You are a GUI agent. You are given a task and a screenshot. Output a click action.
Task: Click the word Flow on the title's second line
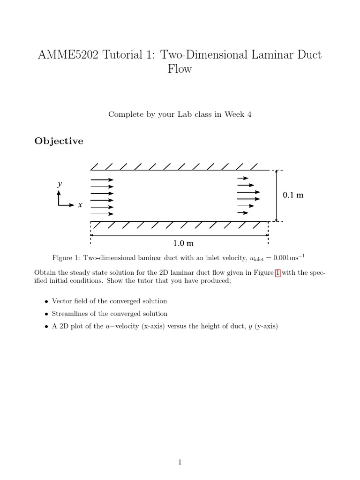180,69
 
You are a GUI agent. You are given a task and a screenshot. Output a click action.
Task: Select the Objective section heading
59,141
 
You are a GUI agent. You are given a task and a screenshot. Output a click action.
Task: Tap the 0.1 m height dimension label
293,195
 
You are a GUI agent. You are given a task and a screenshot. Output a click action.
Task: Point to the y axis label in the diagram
60,184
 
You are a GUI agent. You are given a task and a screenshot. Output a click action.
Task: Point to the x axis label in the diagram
80,205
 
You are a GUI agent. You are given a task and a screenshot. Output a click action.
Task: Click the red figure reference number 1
277,273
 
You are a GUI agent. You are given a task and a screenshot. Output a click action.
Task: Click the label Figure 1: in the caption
66,258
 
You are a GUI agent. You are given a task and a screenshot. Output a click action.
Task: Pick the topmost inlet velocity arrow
102,180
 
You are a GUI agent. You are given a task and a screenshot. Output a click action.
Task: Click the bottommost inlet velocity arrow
102,214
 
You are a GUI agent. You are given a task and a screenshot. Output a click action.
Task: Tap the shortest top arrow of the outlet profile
243,178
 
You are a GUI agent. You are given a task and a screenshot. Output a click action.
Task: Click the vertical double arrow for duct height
277,195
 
